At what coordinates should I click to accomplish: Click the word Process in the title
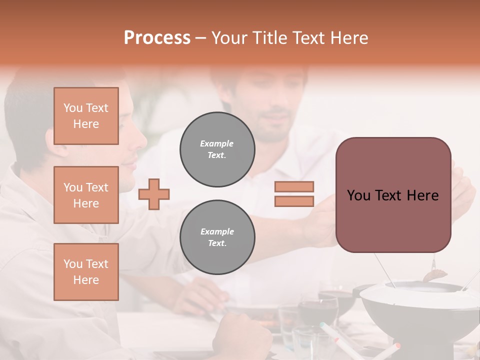click(157, 38)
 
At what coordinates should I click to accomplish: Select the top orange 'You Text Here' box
click(86, 116)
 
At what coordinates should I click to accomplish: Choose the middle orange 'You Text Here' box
click(86, 195)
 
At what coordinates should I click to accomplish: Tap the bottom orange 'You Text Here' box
click(86, 272)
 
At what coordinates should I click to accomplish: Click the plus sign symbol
click(154, 194)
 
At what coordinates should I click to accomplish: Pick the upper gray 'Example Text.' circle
click(217, 149)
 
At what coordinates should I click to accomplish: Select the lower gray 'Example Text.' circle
click(217, 237)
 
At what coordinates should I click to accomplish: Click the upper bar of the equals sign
click(294, 186)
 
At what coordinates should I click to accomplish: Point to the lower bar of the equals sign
click(294, 201)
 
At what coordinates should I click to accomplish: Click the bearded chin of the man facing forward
click(272, 135)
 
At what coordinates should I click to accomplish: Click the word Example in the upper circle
click(217, 143)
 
